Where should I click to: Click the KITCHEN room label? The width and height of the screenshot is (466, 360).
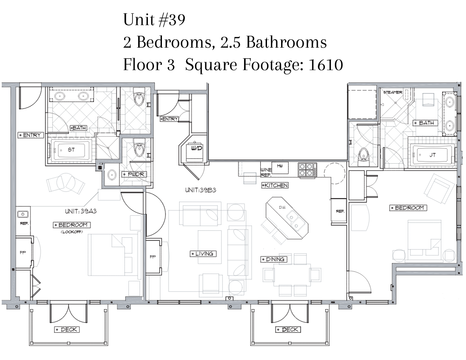tap(275, 185)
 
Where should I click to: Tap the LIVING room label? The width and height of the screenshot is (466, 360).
tap(203, 254)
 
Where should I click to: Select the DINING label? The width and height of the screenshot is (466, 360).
tap(274, 259)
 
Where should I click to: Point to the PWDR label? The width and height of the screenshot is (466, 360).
tap(135, 174)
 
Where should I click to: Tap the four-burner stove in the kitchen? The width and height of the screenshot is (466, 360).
tap(307, 170)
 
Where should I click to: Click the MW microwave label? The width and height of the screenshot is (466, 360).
tap(280, 166)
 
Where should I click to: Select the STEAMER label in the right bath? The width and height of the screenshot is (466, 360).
tap(393, 92)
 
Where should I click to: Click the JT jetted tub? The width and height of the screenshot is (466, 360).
tap(433, 155)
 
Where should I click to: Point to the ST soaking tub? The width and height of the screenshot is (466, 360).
tap(71, 150)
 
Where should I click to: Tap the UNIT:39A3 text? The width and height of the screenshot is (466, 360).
tap(81, 211)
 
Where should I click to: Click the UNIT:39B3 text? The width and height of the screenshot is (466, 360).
tap(201, 190)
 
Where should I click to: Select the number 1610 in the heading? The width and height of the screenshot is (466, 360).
tap(326, 65)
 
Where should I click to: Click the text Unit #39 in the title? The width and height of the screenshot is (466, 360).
tap(154, 20)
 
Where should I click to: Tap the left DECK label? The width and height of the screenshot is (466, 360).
tap(67, 330)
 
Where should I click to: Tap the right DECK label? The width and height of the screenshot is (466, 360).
tap(288, 330)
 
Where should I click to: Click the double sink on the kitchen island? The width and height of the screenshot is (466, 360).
tap(294, 220)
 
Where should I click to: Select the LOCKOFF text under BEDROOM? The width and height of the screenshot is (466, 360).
tap(71, 232)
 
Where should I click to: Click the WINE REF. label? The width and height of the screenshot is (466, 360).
tap(266, 172)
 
